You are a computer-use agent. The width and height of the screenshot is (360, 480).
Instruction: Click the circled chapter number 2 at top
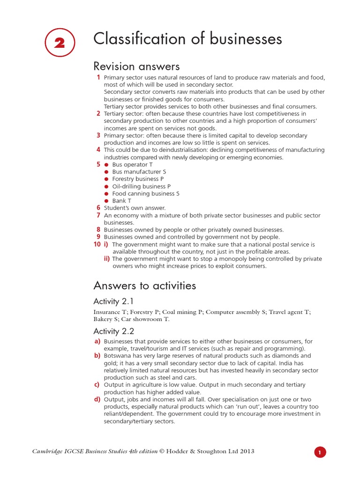[60, 43]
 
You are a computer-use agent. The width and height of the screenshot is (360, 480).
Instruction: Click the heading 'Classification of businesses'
[187, 39]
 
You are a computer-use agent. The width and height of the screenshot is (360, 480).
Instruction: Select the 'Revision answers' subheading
[136, 66]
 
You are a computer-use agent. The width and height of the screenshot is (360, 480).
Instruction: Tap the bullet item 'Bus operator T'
[132, 165]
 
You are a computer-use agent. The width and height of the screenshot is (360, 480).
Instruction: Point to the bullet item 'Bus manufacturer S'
[139, 172]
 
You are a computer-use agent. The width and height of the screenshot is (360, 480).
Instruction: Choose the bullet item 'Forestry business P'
[138, 179]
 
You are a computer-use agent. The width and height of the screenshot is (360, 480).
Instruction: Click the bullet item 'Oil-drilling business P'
[141, 187]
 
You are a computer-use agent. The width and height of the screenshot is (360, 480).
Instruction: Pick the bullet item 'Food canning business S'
[145, 194]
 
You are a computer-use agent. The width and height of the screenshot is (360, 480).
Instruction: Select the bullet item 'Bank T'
[121, 201]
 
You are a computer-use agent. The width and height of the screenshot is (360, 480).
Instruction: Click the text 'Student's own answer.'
[135, 208]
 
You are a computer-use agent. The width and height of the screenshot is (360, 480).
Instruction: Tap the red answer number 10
[97, 244]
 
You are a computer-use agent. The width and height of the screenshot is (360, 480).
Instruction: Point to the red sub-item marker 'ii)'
[107, 259]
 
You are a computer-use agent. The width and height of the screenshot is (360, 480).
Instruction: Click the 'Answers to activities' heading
[144, 285]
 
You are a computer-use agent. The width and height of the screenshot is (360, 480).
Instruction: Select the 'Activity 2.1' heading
[113, 301]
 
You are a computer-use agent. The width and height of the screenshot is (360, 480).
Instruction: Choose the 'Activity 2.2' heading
[114, 331]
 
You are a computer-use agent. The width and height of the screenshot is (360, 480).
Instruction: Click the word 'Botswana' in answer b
[117, 356]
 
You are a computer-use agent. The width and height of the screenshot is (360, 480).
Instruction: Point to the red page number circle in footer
[320, 452]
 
